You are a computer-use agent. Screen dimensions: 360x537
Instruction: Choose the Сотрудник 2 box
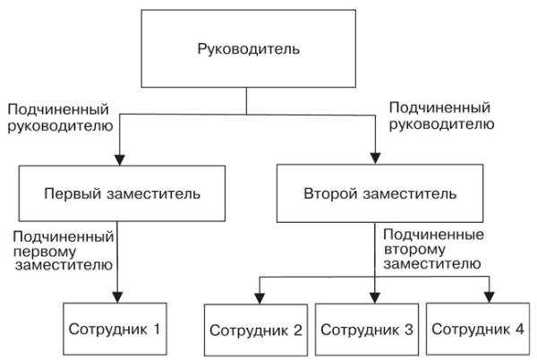pos(258,330)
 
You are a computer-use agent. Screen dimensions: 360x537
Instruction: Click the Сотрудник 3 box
pos(367,330)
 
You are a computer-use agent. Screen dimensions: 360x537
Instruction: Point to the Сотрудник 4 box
pos(477,330)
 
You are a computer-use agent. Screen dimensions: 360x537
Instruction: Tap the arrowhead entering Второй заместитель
pos(375,159)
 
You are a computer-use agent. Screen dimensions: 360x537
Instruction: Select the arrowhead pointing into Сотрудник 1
pos(117,298)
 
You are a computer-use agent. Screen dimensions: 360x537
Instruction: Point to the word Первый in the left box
pos(69,193)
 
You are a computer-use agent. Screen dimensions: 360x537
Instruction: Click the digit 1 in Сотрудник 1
pos(157,328)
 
